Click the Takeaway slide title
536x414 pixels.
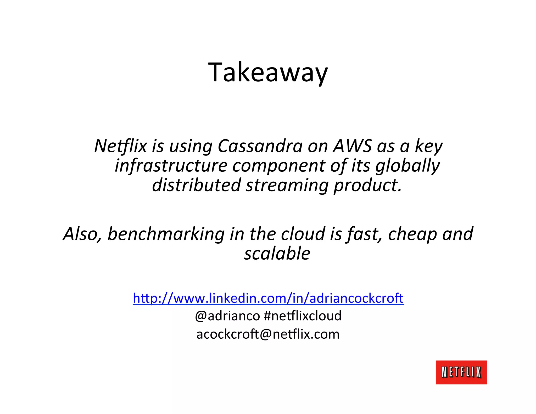pos(268,72)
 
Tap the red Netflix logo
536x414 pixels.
pos(461,372)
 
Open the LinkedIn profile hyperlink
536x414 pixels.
pos(268,298)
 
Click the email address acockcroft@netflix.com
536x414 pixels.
pos(268,334)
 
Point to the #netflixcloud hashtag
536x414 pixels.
pos(303,316)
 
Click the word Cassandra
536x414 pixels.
pos(260,146)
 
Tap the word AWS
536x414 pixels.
pos(352,146)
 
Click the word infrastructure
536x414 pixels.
pos(171,166)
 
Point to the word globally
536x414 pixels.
pos(407,166)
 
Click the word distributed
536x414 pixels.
pos(196,185)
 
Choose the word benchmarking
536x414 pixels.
pos(166,234)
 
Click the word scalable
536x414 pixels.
pos(277,253)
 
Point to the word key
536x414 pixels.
pos(429,146)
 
